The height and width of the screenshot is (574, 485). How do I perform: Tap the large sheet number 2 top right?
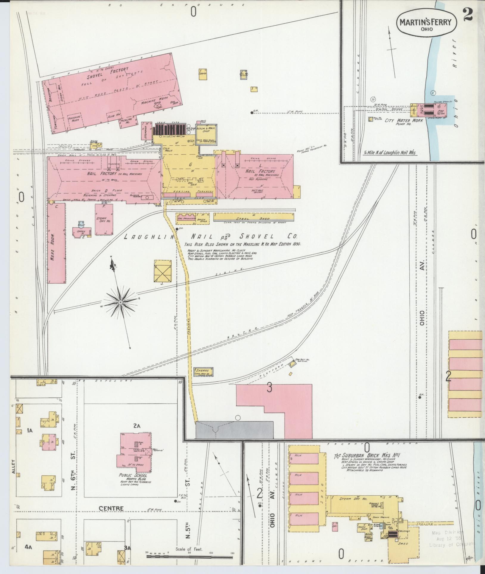468,15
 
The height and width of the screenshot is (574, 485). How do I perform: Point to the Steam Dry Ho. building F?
103,220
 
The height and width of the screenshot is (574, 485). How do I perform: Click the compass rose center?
121,302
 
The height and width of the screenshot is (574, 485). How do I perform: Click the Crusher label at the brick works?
404,531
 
